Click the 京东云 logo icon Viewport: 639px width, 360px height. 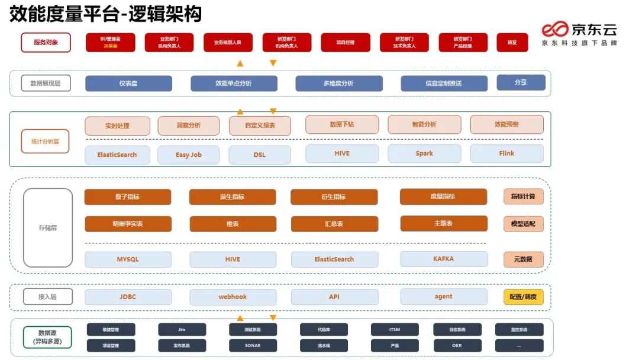coord(555,30)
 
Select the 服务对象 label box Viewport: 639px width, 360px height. coord(46,43)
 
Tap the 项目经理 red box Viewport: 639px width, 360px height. coord(346,43)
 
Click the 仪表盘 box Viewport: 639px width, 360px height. coord(128,83)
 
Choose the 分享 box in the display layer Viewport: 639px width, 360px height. coord(521,82)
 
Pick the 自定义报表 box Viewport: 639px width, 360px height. coord(260,126)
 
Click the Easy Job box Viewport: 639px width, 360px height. coord(188,155)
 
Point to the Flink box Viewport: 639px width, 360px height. coord(506,153)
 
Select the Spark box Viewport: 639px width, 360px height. coord(424,153)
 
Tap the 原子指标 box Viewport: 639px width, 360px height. coord(128,197)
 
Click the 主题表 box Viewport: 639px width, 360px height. coord(444,223)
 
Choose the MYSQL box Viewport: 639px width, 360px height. coord(128,259)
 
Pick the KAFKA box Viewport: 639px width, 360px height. coord(444,259)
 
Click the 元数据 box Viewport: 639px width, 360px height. coord(523,259)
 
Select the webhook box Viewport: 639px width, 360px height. coord(233,297)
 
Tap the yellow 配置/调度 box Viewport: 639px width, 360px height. coord(523,297)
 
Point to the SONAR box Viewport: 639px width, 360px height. coord(253,345)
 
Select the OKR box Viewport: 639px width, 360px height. coord(457,345)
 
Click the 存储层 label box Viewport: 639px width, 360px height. coord(47,228)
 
